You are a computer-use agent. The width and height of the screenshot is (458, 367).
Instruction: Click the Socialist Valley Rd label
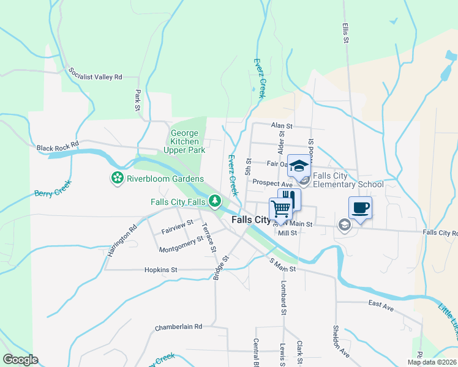(96, 73)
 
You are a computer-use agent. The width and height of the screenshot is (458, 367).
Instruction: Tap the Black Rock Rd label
(58, 147)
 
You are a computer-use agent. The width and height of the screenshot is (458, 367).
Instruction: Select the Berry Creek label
(53, 188)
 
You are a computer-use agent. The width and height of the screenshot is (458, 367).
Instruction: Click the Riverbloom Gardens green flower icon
(116, 179)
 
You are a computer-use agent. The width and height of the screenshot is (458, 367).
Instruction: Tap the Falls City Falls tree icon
(215, 201)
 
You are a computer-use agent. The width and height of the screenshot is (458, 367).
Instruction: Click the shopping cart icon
(280, 209)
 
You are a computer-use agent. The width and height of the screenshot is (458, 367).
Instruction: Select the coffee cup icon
(360, 207)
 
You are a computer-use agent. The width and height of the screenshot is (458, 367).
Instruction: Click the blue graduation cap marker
(299, 166)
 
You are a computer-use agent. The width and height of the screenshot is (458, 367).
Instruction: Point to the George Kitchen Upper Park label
(188, 141)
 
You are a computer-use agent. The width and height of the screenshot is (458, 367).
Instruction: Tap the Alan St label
(282, 125)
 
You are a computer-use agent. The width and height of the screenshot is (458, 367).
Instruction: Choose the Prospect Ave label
(273, 183)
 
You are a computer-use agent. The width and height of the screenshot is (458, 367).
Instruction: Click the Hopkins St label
(160, 269)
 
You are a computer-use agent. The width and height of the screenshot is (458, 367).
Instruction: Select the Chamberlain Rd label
(178, 327)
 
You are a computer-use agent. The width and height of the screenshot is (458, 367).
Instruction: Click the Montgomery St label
(181, 246)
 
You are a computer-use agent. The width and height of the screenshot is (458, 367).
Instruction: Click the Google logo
(20, 360)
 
